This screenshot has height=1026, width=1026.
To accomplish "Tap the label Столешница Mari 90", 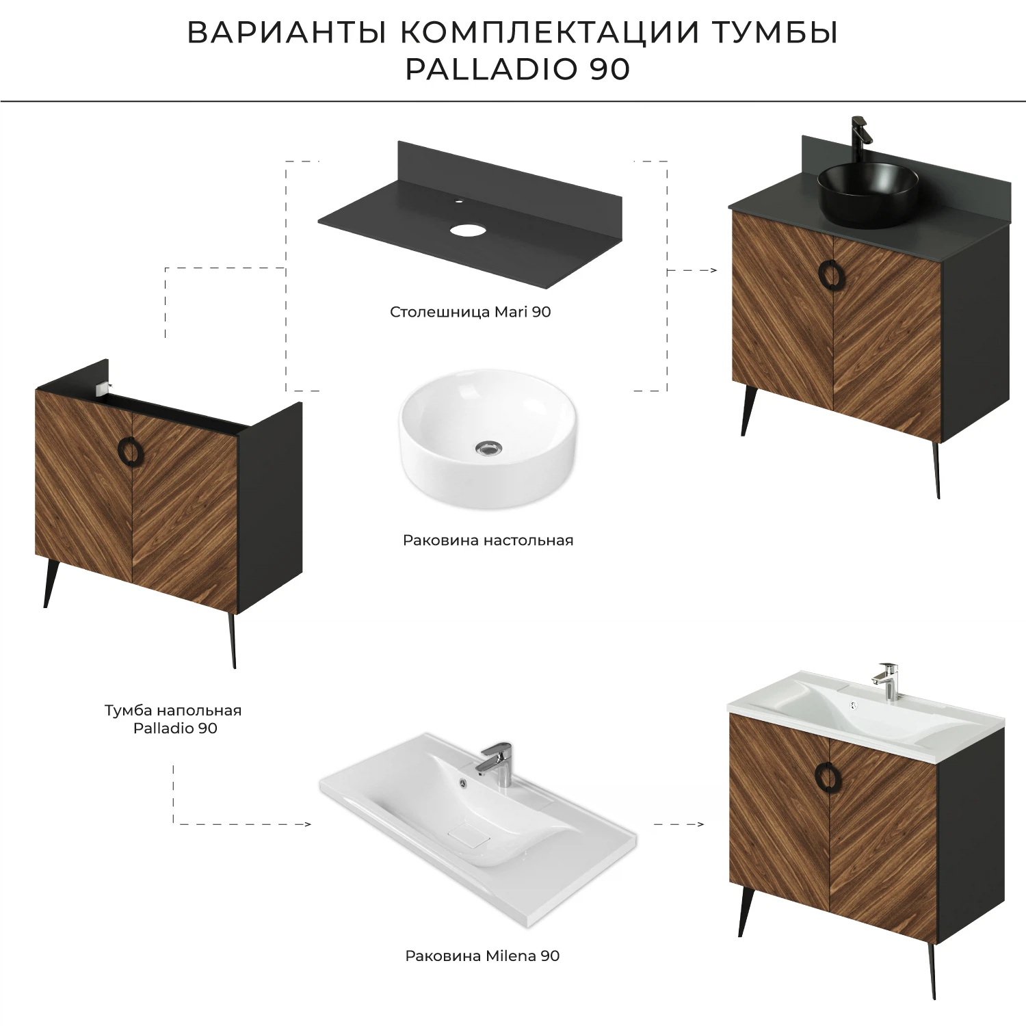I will pyautogui.click(x=470, y=312).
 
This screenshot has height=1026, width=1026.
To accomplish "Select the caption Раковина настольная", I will pyautogui.click(x=488, y=540).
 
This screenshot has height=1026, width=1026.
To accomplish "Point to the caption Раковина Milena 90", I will pyautogui.click(x=482, y=956).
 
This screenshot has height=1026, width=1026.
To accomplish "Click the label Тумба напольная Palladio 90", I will pyautogui.click(x=173, y=719).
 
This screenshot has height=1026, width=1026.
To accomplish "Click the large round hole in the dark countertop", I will pyautogui.click(x=466, y=229).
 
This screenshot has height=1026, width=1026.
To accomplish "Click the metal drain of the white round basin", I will pyautogui.click(x=488, y=448).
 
